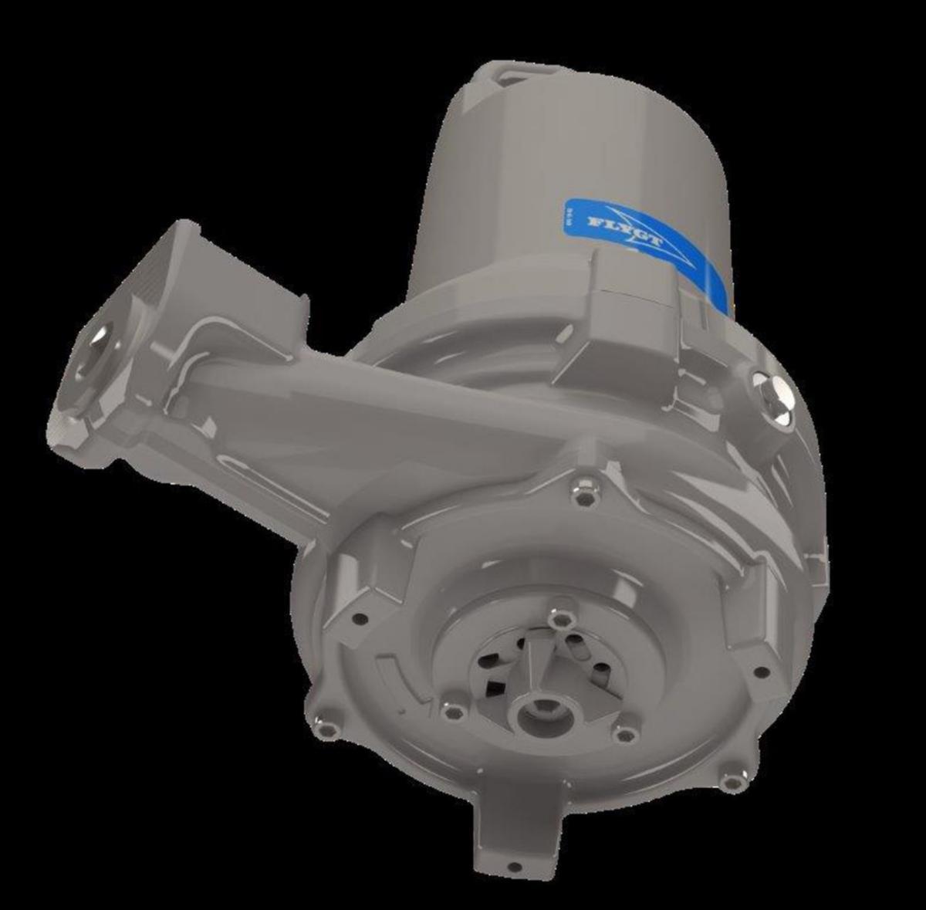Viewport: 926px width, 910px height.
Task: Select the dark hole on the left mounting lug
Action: (x=358, y=618)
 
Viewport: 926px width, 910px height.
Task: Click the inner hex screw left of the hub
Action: (x=453, y=709)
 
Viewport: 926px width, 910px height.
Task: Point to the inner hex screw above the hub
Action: (x=558, y=620)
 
